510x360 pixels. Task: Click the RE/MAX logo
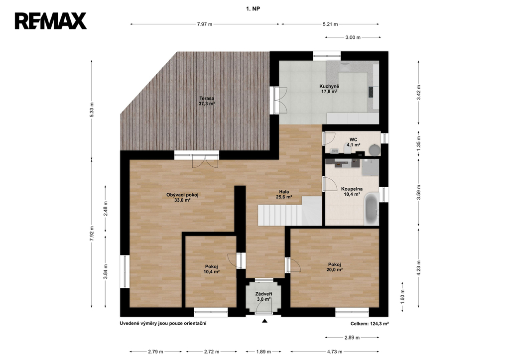(x=51, y=21)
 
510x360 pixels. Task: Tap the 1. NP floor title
(x=253, y=9)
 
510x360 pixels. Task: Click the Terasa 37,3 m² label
(x=207, y=101)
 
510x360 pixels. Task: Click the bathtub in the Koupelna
(x=372, y=209)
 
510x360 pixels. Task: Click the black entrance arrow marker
(x=265, y=321)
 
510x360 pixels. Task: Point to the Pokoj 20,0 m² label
(x=334, y=267)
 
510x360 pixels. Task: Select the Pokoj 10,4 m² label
(x=211, y=269)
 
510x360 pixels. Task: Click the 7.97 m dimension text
(x=205, y=24)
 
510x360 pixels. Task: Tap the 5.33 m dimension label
(x=92, y=110)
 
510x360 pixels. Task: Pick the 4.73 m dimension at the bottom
(x=335, y=352)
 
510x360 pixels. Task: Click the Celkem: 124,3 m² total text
(x=370, y=324)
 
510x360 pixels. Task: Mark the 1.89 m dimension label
(x=263, y=352)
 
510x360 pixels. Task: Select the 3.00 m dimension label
(x=353, y=37)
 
